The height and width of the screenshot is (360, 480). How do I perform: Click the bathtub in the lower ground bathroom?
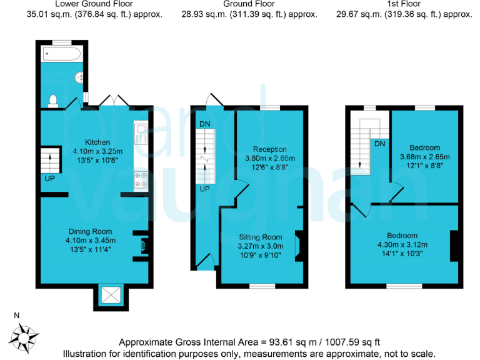coord(61,54)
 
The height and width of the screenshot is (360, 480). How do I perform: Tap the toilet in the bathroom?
coord(53,99)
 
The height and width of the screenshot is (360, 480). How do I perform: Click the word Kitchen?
coord(97,142)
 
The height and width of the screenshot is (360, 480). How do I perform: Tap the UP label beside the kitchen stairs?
coord(49,179)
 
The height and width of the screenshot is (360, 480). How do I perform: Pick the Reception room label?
coord(270,149)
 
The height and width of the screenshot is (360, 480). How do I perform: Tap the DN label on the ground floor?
coord(204,124)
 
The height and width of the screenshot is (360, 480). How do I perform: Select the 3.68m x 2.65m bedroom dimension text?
coord(425,156)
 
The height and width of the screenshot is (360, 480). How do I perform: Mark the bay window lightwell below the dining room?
coord(110,296)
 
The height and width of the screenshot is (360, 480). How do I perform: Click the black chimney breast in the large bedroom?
coord(455,245)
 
